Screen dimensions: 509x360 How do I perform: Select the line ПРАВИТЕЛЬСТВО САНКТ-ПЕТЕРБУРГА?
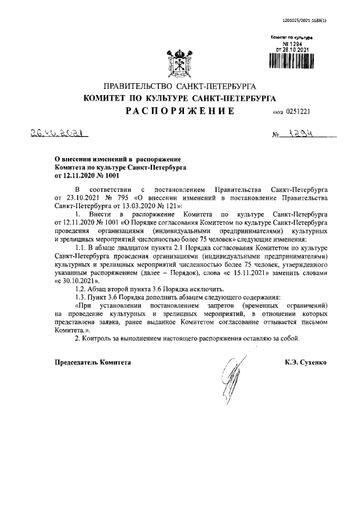point(179,87)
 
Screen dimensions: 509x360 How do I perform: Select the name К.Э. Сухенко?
point(306,363)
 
